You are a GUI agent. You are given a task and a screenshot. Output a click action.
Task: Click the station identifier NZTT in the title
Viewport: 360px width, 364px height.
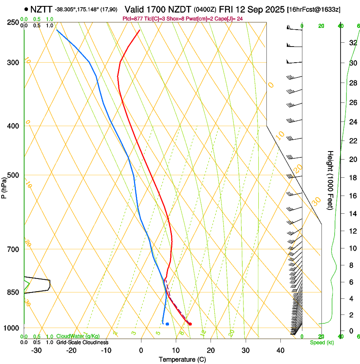(x=41, y=9)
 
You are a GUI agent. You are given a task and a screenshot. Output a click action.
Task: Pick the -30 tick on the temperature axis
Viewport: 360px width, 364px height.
(x=36, y=350)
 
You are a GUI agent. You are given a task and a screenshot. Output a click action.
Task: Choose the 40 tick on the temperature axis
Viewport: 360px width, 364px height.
(x=280, y=350)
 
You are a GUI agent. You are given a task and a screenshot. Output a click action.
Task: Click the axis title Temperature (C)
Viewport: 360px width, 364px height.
(x=182, y=359)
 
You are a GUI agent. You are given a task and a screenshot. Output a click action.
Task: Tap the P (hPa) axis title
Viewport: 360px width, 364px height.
(x=4, y=187)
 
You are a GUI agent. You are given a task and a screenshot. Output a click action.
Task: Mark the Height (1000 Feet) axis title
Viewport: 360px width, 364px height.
(x=330, y=180)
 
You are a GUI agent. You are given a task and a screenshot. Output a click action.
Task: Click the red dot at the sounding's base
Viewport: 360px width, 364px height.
(x=190, y=324)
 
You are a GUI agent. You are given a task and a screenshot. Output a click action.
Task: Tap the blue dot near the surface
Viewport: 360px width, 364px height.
(x=167, y=324)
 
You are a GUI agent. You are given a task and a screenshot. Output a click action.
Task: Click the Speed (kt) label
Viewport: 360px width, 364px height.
(x=321, y=342)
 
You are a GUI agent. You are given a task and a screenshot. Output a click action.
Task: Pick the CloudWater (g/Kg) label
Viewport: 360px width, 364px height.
(x=78, y=336)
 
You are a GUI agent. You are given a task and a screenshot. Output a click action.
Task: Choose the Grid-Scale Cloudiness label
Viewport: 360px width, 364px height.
(x=82, y=342)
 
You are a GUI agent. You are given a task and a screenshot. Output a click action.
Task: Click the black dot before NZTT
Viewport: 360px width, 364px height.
(x=26, y=9)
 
